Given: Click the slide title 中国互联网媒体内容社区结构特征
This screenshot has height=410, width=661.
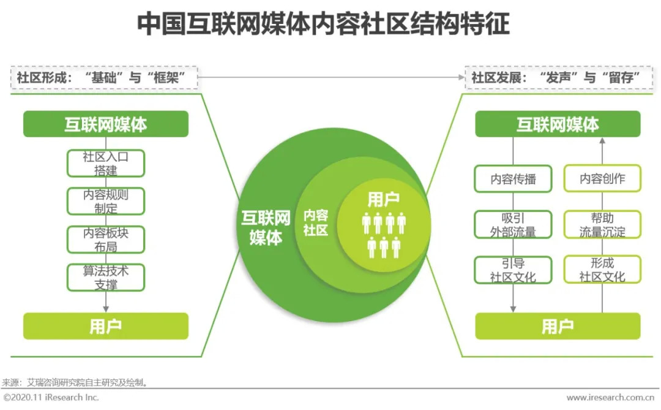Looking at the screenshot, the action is [323, 25].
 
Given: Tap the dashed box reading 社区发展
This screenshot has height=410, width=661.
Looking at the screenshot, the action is [556, 78].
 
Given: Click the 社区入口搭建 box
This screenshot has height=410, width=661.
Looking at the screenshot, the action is [106, 163].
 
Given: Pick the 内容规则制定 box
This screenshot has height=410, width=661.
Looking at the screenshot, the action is [106, 201].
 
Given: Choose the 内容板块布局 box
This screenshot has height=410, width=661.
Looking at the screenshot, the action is [106, 240].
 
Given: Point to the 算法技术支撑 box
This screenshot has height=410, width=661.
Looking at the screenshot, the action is [106, 278].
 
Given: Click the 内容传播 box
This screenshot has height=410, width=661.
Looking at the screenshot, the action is [513, 179].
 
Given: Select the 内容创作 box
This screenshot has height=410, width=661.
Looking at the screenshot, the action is [602, 179].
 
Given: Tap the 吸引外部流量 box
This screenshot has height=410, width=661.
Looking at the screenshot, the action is [513, 225].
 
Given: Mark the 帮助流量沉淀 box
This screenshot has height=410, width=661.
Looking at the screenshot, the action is [602, 225].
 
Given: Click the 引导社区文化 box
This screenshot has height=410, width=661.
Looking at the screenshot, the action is [513, 270].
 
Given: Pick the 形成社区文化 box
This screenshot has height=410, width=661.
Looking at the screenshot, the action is [602, 270].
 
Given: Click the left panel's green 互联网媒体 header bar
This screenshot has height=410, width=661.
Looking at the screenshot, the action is [106, 124].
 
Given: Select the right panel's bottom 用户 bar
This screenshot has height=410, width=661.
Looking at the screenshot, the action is [558, 326].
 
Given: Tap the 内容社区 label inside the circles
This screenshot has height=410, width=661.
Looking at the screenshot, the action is [316, 223].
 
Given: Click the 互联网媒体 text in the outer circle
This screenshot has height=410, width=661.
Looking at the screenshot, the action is [266, 227].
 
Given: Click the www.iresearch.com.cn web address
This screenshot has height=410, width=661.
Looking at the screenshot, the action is [613, 398].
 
